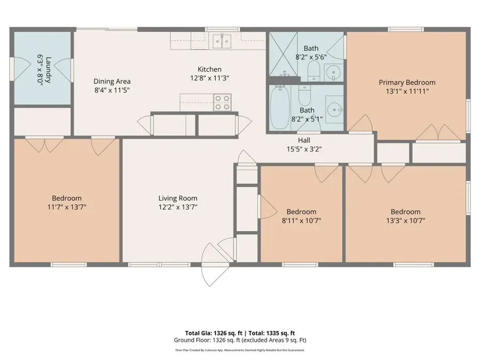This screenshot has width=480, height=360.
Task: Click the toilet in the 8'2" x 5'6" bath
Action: click(x=314, y=69)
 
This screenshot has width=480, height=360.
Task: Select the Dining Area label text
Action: click(x=112, y=82)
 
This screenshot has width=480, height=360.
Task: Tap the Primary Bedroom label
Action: click(x=407, y=82)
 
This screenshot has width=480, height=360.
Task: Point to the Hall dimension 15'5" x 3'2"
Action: click(x=303, y=149)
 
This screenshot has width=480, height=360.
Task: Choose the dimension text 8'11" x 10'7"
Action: click(x=301, y=220)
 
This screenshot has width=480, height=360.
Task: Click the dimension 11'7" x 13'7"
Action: click(x=67, y=206)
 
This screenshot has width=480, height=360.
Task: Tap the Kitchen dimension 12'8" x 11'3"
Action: click(x=210, y=78)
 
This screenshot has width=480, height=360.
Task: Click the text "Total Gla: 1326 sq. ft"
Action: click(x=206, y=333)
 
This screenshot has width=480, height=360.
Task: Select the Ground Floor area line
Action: click(x=239, y=340)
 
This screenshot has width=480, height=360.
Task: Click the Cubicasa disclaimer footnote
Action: click(x=239, y=350)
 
